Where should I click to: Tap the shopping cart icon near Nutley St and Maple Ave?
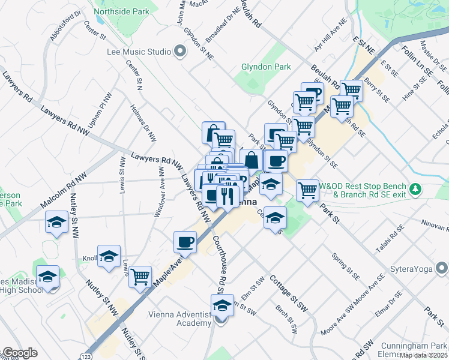point(140,277)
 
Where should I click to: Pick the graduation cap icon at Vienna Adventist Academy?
point(221,305)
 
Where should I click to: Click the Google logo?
point(19,353)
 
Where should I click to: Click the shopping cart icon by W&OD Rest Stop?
point(308,190)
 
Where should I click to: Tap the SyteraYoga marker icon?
point(442,268)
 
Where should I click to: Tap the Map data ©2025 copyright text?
point(424,355)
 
